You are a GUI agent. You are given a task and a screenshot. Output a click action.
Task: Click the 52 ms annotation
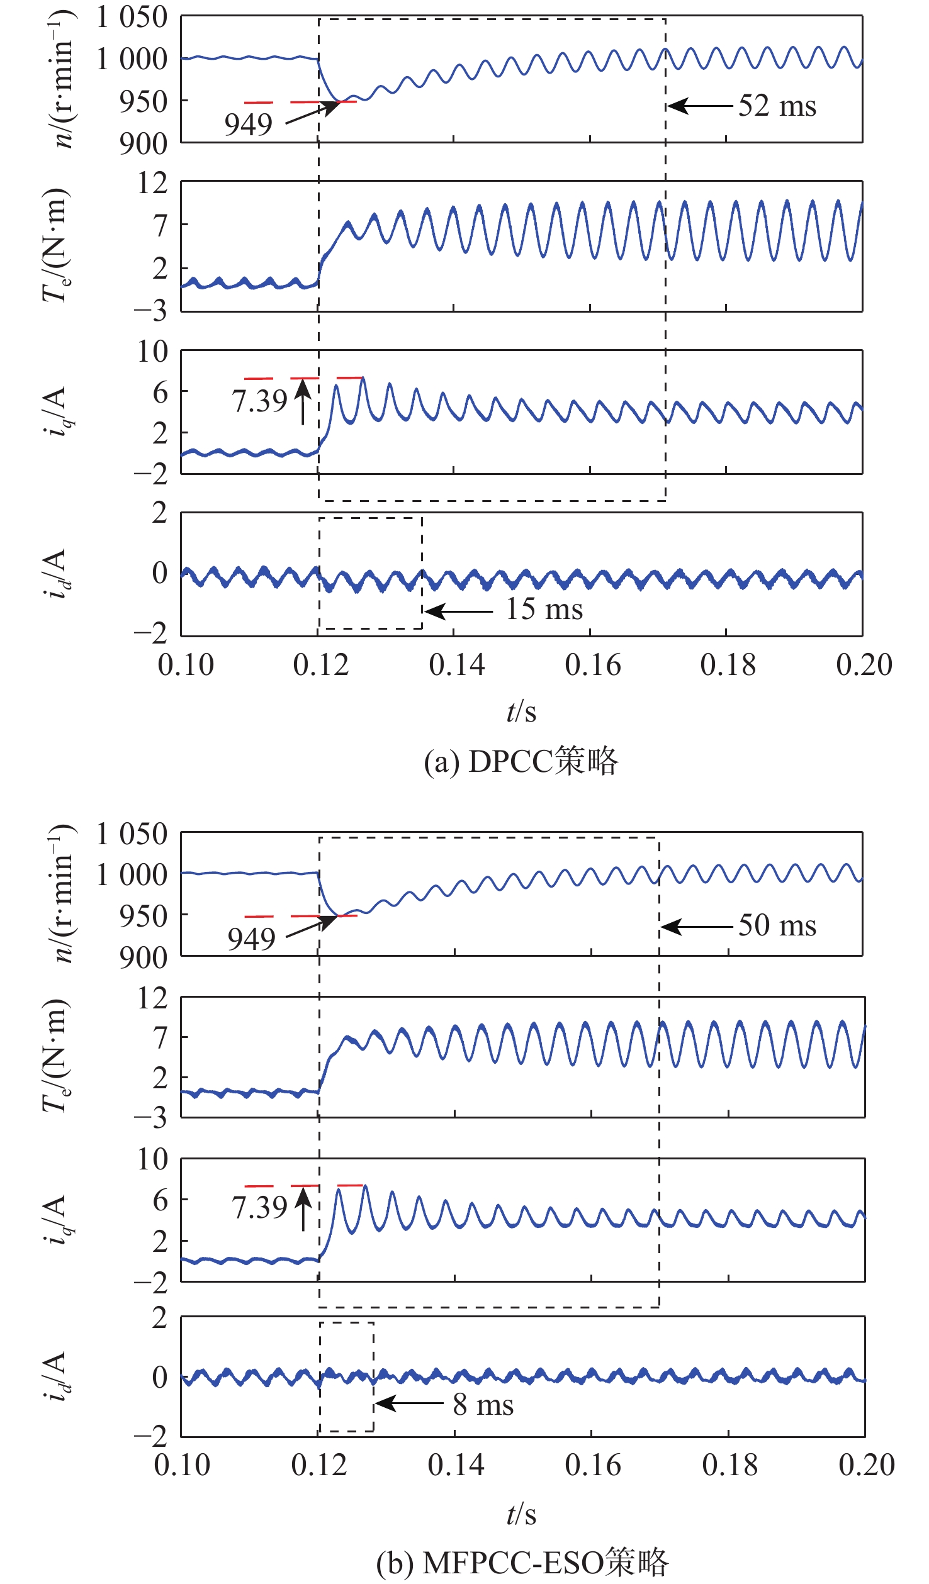pyautogui.click(x=777, y=106)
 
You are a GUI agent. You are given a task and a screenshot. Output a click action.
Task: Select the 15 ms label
pyautogui.click(x=544, y=609)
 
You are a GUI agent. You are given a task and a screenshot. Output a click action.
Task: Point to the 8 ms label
pyautogui.click(x=483, y=1405)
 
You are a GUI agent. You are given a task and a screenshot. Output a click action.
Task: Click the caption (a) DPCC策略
pyautogui.click(x=521, y=761)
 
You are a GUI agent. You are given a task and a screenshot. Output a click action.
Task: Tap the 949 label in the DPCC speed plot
pyautogui.click(x=249, y=125)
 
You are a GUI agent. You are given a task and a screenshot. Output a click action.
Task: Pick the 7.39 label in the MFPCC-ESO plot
pyautogui.click(x=259, y=1207)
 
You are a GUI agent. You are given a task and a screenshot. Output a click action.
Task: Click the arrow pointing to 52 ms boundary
pyautogui.click(x=700, y=106)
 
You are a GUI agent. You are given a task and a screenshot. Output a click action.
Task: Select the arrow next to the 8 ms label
pyautogui.click(x=409, y=1403)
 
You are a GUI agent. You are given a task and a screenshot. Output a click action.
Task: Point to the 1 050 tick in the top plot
pyautogui.click(x=132, y=17)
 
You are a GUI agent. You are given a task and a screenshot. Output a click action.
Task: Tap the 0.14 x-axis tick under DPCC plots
pyautogui.click(x=457, y=666)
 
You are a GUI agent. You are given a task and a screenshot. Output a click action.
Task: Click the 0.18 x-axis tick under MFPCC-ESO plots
pyautogui.click(x=730, y=1465)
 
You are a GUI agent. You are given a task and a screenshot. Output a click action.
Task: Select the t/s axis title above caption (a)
pyautogui.click(x=521, y=711)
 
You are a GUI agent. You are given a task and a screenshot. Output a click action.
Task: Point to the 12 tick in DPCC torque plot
pyautogui.click(x=153, y=183)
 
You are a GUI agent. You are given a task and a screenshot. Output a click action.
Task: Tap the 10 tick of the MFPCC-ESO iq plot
pyautogui.click(x=153, y=1159)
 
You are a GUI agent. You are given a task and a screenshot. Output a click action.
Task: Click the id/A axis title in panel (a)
pyautogui.click(x=55, y=574)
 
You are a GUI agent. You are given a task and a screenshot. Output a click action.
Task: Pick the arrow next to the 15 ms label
pyautogui.click(x=458, y=611)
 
